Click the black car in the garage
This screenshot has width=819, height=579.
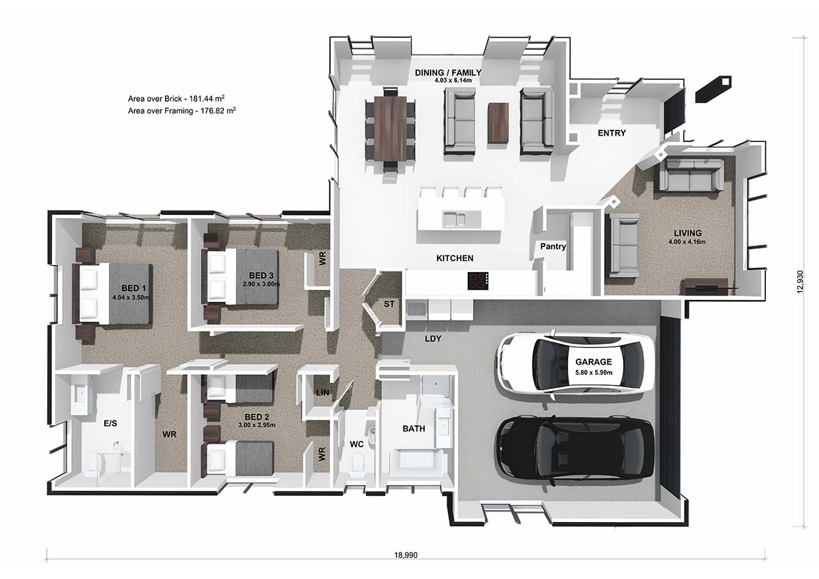pos(574,448)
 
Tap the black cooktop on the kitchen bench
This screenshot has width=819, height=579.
pos(478,280)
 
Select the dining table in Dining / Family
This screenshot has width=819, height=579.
pos(390,129)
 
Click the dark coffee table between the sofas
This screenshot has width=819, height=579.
pos(498,123)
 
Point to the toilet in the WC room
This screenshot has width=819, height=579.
pos(358,461)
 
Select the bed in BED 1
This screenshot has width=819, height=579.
pos(115,294)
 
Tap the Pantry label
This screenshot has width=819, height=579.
pos(553,246)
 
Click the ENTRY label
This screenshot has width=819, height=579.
pos(611,133)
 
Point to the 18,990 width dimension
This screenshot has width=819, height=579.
pos(406,555)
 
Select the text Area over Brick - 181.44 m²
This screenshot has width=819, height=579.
pos(176,99)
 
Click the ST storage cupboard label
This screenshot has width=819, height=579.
pos(388,304)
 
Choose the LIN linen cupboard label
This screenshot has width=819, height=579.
pos(322,392)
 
